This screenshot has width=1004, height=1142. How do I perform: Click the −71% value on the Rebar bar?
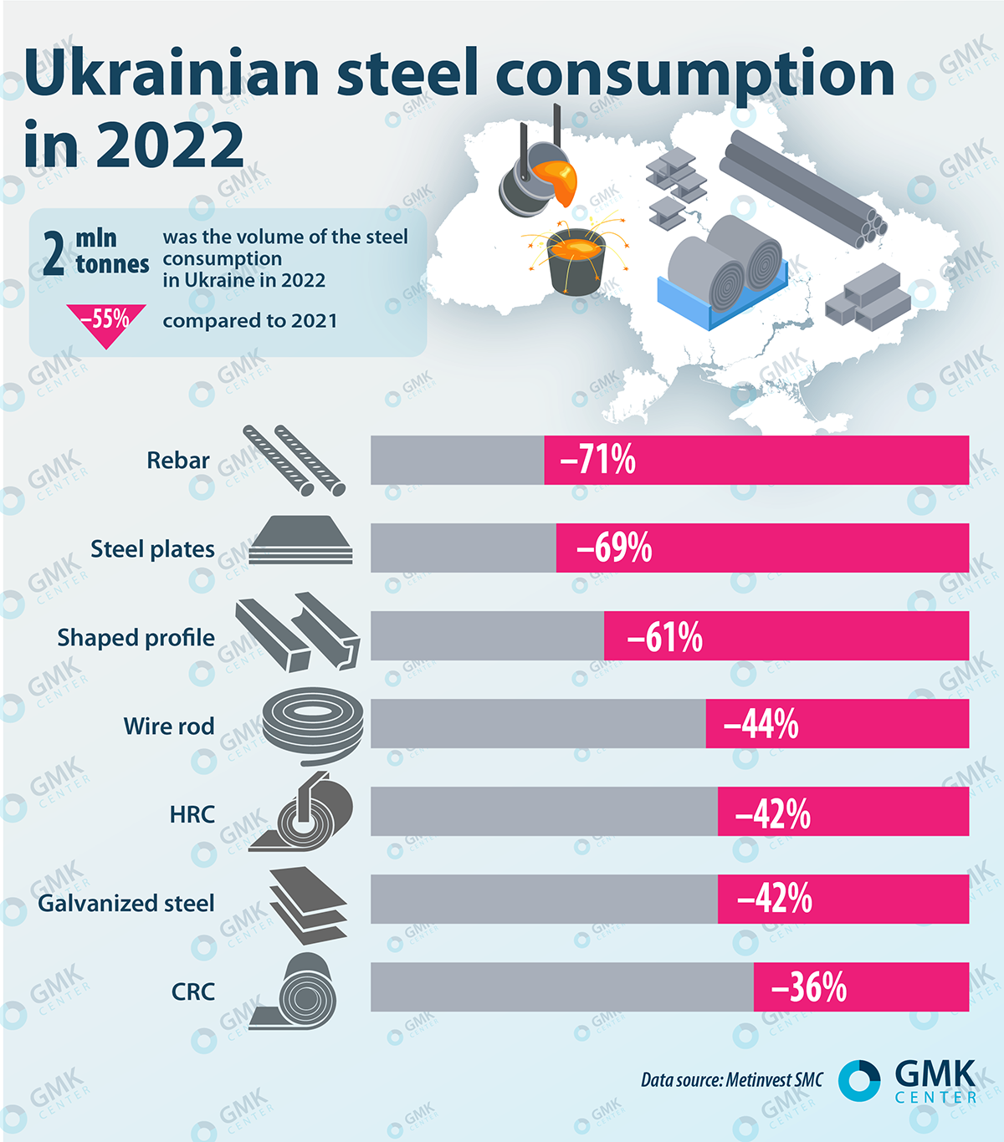click(597, 460)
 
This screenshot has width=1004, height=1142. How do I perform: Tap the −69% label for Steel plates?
click(614, 548)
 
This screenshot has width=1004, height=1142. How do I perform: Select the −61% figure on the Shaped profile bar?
click(664, 637)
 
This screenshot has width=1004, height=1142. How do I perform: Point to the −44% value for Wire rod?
click(761, 724)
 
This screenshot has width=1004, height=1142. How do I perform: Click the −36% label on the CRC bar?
click(808, 987)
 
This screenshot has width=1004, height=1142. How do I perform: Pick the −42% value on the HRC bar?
click(772, 813)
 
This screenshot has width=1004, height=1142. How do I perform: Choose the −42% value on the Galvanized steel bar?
click(774, 900)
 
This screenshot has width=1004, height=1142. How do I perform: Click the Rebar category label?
click(178, 461)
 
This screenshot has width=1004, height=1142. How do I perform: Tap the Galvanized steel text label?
click(126, 904)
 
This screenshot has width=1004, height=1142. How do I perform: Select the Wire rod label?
click(169, 726)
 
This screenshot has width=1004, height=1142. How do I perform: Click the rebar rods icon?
click(294, 460)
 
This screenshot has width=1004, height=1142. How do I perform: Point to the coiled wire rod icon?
click(313, 724)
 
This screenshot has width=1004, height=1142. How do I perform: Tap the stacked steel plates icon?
click(301, 541)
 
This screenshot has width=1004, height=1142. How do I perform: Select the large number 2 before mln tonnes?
click(54, 254)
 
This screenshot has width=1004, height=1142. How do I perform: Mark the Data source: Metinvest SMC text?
click(731, 1080)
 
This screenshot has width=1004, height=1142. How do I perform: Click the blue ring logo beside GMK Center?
click(858, 1080)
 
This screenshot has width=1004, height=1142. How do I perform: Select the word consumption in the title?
click(695, 75)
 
